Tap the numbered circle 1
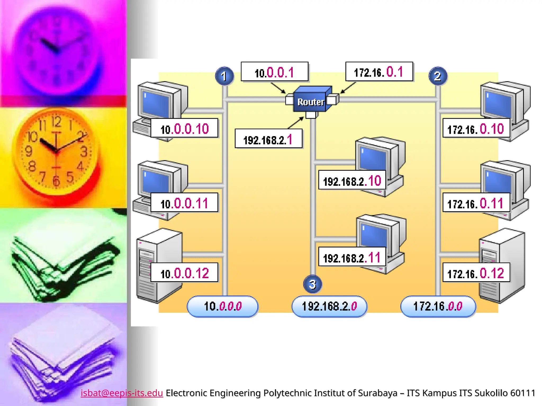(224, 76)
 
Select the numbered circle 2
(438, 76)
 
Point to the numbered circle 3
(313, 284)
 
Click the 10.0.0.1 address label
(274, 72)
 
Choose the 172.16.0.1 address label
(379, 72)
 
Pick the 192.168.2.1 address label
(268, 139)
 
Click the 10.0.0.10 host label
(184, 128)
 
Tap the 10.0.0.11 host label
(184, 203)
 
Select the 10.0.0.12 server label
(184, 273)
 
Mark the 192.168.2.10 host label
(352, 181)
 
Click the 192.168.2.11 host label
(352, 257)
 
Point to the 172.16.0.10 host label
(476, 128)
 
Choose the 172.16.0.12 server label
(476, 273)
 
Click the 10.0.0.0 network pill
(223, 306)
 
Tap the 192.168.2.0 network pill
(329, 306)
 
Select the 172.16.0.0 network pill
(438, 306)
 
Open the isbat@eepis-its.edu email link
(122, 393)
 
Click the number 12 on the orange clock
(56, 122)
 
